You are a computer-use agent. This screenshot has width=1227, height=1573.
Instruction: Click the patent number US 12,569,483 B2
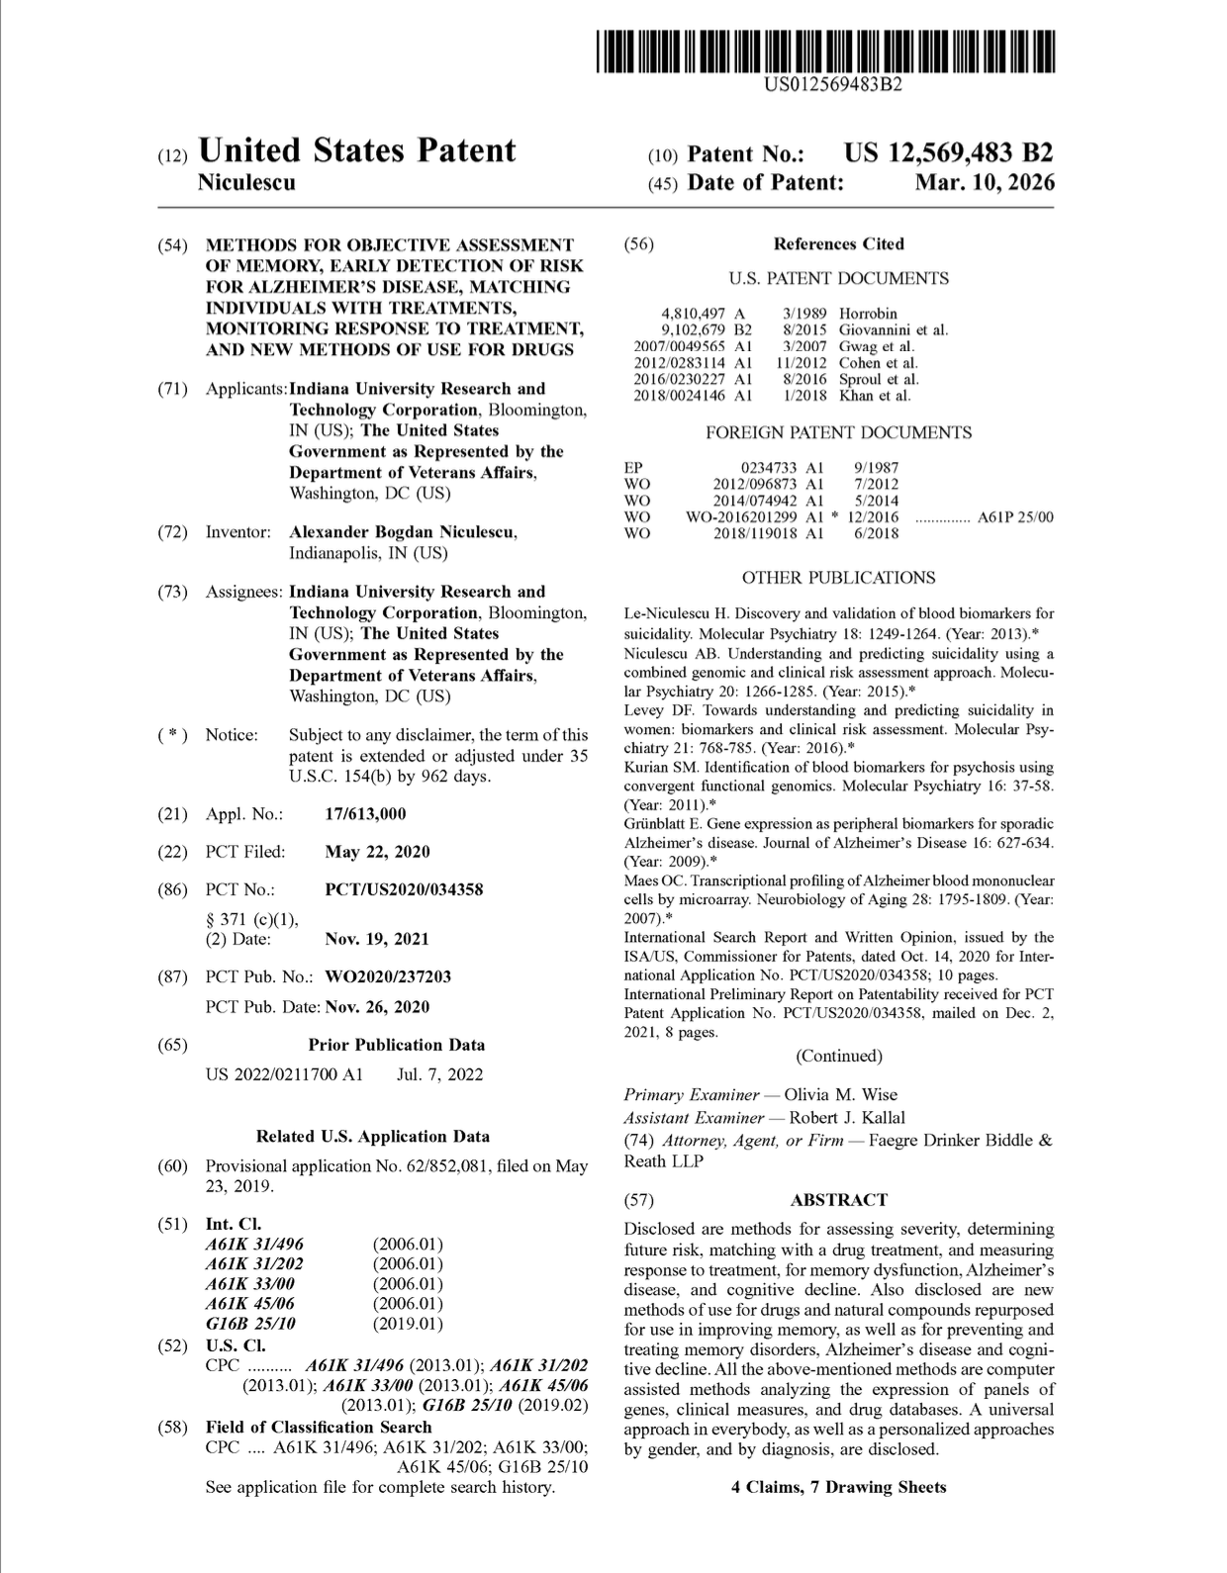click(x=948, y=153)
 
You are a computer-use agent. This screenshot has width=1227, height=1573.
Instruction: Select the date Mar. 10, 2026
click(x=985, y=183)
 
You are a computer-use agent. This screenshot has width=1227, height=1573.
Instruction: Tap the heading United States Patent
click(x=356, y=150)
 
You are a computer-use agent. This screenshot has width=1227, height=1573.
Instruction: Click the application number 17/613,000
click(x=365, y=814)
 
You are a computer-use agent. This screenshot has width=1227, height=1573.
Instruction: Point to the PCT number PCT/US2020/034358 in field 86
click(x=404, y=889)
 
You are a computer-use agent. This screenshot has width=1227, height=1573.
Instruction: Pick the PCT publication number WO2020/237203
click(x=388, y=976)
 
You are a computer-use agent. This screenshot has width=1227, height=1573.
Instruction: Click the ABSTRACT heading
click(x=839, y=1200)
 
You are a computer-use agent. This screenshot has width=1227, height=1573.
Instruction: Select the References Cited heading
click(x=839, y=243)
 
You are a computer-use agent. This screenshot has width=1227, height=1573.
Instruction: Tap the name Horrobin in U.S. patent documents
click(x=868, y=314)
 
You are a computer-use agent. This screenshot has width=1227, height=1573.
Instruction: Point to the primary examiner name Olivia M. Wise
click(x=841, y=1094)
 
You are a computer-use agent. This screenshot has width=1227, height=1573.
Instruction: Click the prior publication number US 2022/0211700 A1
click(x=284, y=1074)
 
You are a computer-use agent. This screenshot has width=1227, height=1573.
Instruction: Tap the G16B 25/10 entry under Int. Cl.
click(x=250, y=1323)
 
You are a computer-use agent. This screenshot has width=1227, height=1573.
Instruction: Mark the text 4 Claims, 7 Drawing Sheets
click(x=839, y=1487)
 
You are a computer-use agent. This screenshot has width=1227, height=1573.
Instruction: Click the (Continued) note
click(x=839, y=1056)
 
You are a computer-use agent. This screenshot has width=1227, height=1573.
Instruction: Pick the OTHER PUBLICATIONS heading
click(x=838, y=578)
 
